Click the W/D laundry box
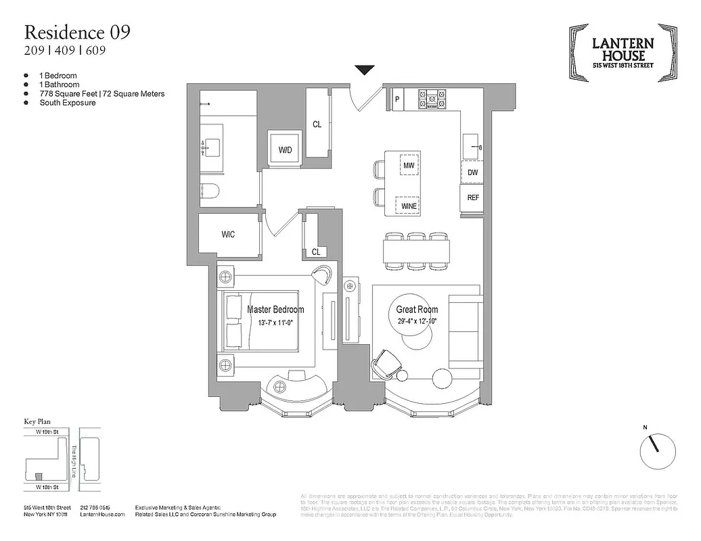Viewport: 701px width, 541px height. [285, 149]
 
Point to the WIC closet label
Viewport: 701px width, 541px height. [228, 235]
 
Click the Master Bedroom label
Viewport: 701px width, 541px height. [275, 310]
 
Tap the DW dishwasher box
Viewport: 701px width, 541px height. [472, 172]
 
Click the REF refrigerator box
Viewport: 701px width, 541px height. [473, 198]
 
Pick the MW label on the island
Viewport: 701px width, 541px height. [408, 165]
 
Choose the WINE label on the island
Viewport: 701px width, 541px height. [408, 205]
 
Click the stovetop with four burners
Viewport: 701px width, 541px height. [432, 99]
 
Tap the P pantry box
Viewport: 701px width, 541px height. [397, 99]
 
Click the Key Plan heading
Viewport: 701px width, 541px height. [38, 421]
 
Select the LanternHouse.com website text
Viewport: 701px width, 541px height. [103, 515]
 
